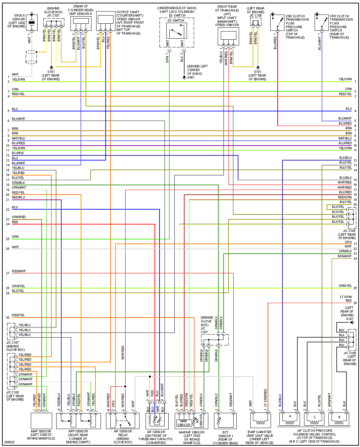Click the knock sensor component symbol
pyautogui.click(x=31, y=23)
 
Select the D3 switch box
pyautogui.click(x=176, y=31)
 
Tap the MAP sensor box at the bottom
pyautogui.click(x=41, y=421)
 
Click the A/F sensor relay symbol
pyautogui.click(x=123, y=421)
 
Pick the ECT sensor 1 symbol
pyautogui.click(x=225, y=421)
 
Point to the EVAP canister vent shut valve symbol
pyautogui.click(x=260, y=420)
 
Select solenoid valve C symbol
pyautogui.click(x=315, y=419)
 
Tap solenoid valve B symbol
pyautogui.click(x=339, y=419)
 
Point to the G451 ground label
pyautogui.click(x=191, y=78)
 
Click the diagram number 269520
pyautogui.click(x=9, y=442)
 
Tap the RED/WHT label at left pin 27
pyautogui.click(x=19, y=271)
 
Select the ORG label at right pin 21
pyautogui.click(x=348, y=242)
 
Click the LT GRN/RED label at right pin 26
pyautogui.click(x=346, y=299)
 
